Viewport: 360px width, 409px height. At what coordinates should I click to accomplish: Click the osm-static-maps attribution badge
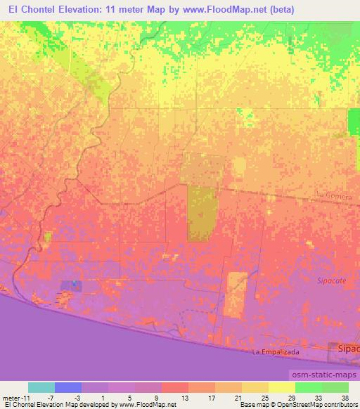tap(321, 375)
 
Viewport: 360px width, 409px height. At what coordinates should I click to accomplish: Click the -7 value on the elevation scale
tap(49, 397)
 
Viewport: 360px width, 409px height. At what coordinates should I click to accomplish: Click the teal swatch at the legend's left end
tap(41, 387)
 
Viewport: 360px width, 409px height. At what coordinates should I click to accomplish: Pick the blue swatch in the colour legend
tap(67, 387)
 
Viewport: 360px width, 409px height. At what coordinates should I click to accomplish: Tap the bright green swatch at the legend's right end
tap(335, 387)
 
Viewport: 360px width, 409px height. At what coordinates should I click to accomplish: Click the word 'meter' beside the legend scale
tap(11, 397)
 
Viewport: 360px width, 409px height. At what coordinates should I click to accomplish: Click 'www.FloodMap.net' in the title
tap(215, 11)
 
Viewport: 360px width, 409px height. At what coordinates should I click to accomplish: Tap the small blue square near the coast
tap(75, 285)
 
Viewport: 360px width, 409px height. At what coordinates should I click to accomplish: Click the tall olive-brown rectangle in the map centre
tap(201, 213)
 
